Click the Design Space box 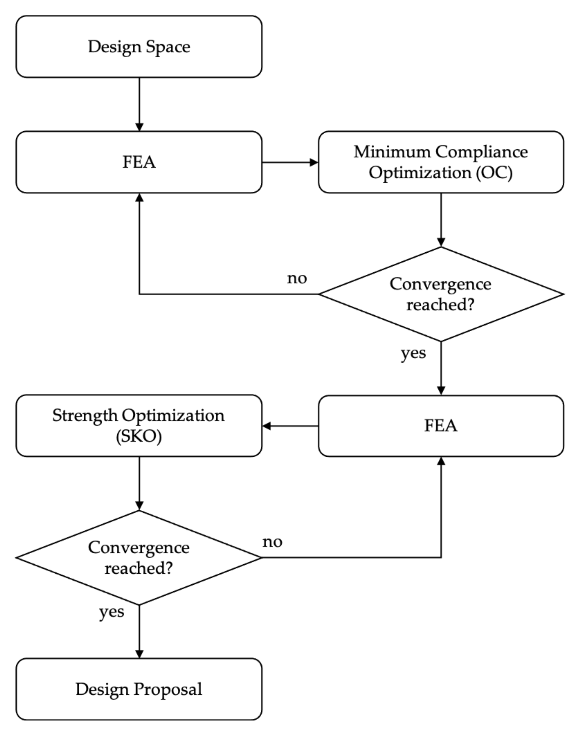[139, 46]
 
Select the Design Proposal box [139, 689]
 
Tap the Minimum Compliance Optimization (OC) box [441, 162]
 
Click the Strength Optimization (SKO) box [139, 426]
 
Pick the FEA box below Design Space [139, 162]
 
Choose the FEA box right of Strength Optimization [441, 426]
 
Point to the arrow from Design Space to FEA [139, 104]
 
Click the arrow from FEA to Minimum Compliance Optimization [290, 162]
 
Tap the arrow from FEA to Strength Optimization [290, 426]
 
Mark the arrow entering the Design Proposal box [139, 631]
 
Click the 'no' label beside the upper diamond [297, 279]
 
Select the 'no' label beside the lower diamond [272, 542]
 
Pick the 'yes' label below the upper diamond [413, 353]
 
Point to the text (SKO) [139, 436]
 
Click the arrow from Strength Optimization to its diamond [139, 484]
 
